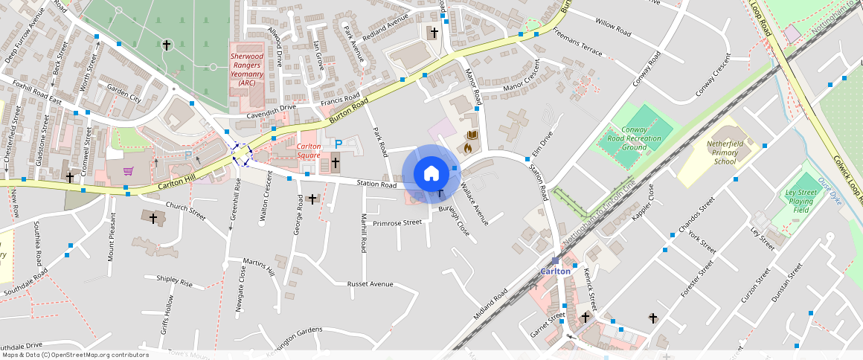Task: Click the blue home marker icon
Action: pos(431,173)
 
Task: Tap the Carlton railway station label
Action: pos(555,271)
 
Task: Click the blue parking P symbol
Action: pos(338,144)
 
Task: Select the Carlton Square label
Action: pos(309,151)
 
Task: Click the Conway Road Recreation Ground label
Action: pos(634,138)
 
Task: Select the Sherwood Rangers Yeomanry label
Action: pos(247,69)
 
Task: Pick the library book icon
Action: pos(470,135)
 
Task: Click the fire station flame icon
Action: pos(468,148)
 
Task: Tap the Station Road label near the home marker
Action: pos(376,184)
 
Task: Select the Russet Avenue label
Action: pos(370,284)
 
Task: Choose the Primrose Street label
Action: pos(397,222)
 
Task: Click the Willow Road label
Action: pos(613,30)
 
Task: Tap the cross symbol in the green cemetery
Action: pos(166,45)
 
